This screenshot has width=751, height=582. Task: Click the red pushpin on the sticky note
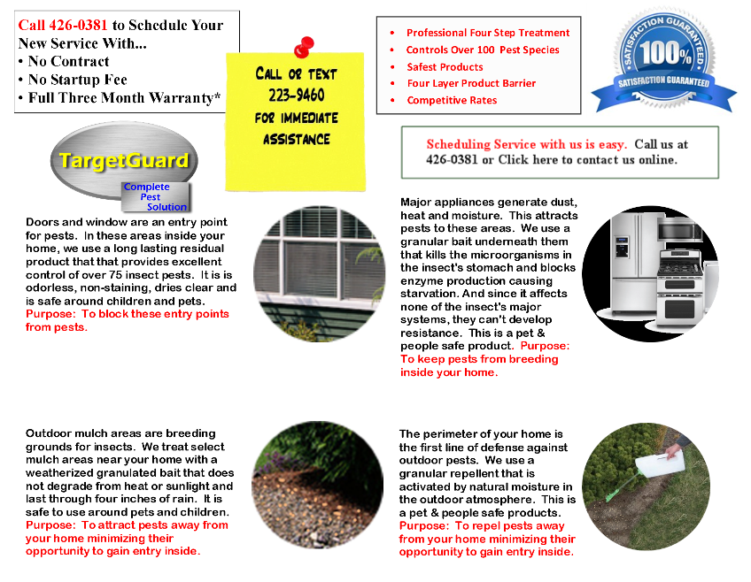coord(304,47)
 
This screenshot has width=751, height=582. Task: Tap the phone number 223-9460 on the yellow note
coord(297,96)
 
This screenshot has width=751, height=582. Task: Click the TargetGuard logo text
coord(124,161)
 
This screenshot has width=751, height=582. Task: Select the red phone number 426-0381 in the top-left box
coord(78,25)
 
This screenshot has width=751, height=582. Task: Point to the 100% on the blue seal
coord(666,52)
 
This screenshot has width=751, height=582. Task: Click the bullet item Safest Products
coord(445,67)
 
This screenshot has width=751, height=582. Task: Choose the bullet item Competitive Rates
coord(452,100)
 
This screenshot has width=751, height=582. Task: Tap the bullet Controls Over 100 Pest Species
coord(483,50)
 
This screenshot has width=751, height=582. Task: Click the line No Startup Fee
coord(78,80)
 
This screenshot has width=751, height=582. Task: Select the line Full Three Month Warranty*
coord(125,97)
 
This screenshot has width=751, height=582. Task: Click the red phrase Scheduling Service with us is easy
coord(526,144)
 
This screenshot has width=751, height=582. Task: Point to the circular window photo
coord(319,273)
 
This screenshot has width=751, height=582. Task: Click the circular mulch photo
coord(318,485)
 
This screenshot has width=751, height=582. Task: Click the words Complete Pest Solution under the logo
coord(155,196)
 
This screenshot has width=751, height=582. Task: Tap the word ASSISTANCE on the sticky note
coord(297,140)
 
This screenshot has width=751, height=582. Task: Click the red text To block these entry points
coord(155,314)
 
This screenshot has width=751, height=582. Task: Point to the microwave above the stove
coord(678,230)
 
